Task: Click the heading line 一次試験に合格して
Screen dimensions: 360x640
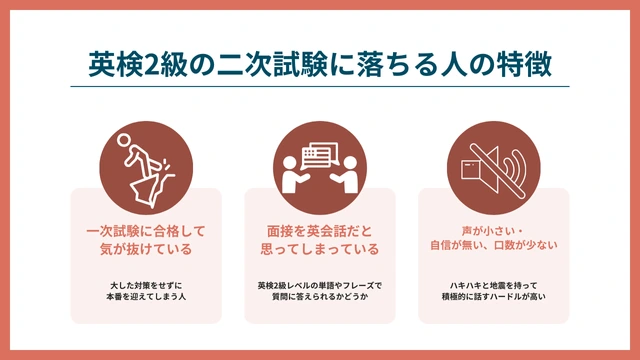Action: [146, 231]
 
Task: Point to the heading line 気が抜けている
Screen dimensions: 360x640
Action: [146, 249]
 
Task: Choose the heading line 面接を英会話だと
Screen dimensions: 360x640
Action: [319, 231]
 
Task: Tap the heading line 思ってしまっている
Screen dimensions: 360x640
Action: [319, 249]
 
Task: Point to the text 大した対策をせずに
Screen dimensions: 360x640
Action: [146, 285]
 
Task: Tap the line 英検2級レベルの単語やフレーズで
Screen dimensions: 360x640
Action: [319, 285]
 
